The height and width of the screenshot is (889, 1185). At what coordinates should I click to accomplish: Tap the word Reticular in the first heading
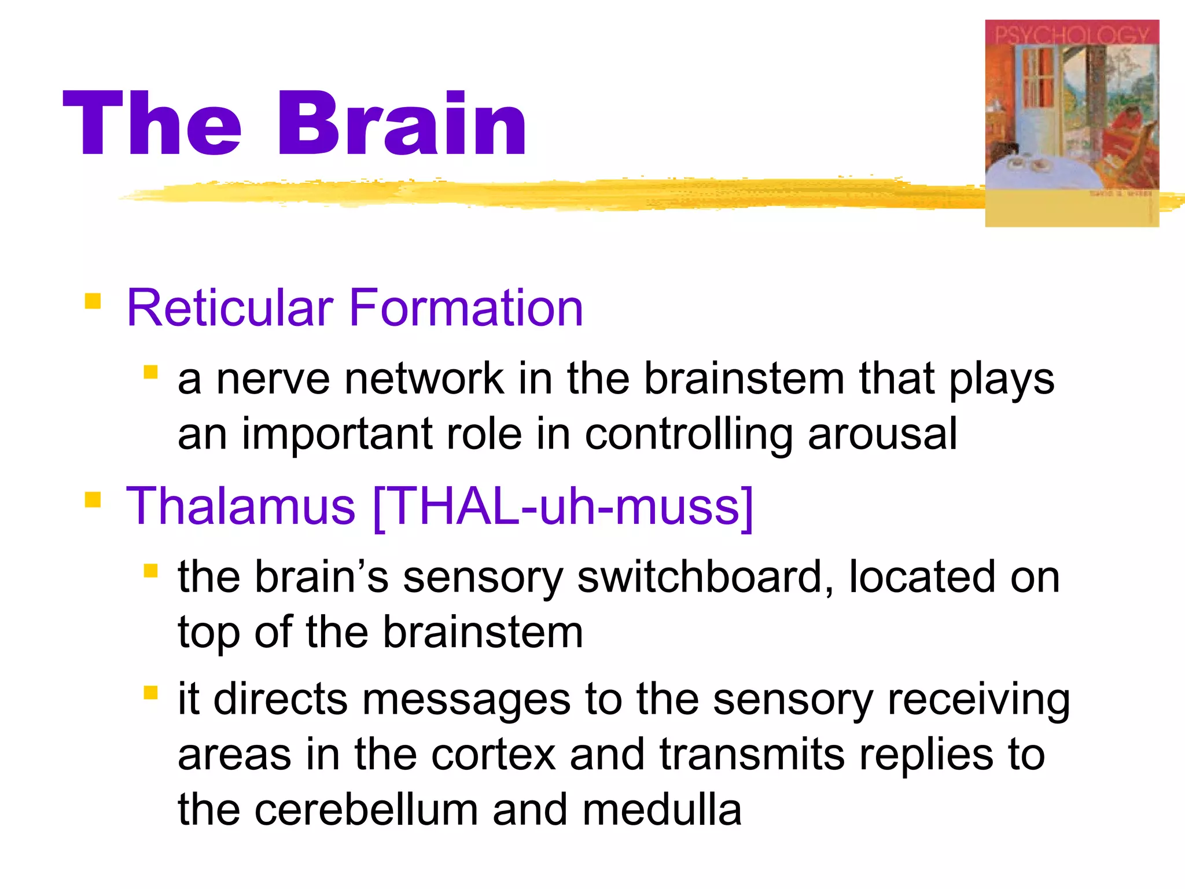coord(230,308)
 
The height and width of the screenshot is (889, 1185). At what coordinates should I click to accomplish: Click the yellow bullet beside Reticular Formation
coord(93,302)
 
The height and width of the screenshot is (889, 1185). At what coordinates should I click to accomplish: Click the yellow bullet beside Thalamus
coord(93,499)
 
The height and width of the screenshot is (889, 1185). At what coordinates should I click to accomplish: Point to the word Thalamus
coord(241,506)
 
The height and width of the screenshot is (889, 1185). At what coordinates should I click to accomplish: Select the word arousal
coord(882,434)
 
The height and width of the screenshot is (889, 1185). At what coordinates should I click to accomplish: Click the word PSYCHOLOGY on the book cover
coord(1072,35)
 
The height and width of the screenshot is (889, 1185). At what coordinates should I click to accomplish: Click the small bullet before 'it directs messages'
coord(150,693)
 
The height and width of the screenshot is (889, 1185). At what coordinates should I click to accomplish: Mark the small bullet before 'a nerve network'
coord(150,372)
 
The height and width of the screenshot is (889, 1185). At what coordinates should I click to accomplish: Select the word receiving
coord(978,700)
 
